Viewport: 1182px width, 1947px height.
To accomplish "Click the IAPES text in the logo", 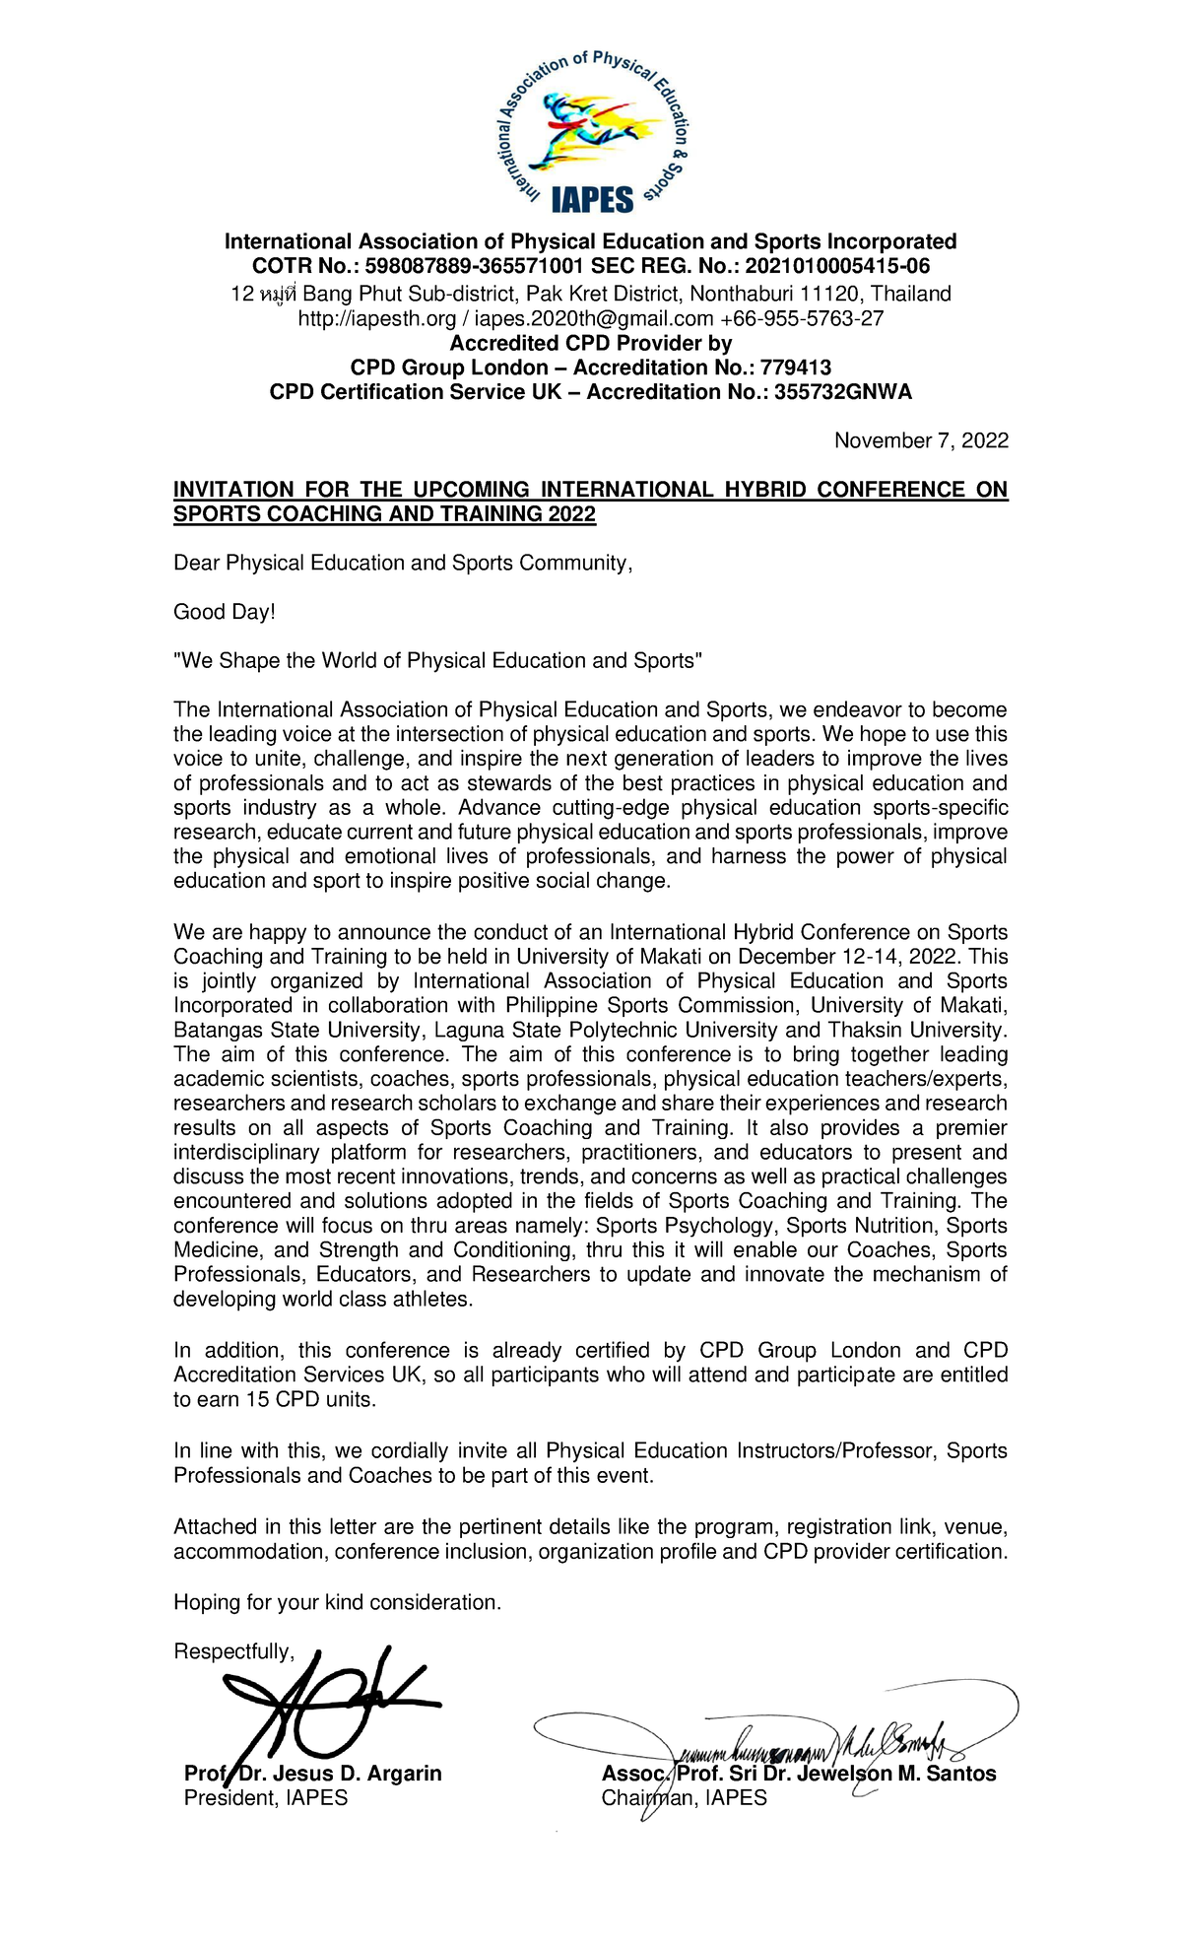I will pyautogui.click(x=592, y=200).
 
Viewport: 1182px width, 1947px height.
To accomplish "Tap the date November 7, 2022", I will pyautogui.click(x=921, y=440).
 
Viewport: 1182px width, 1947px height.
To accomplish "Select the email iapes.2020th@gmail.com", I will pyautogui.click(x=594, y=318).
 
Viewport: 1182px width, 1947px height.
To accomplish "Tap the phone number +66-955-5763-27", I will pyautogui.click(x=802, y=318).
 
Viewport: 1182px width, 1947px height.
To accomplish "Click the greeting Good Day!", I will pyautogui.click(x=225, y=612).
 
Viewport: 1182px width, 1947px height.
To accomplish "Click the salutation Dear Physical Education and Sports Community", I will pyautogui.click(x=402, y=563).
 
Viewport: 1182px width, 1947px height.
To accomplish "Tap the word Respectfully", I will pyautogui.click(x=232, y=1652).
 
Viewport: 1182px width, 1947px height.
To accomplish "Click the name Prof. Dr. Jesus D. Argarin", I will pyautogui.click(x=313, y=1774).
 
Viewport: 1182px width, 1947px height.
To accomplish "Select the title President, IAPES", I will pyautogui.click(x=266, y=1798).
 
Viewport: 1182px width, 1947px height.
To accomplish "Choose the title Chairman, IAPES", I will pyautogui.click(x=684, y=1798).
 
